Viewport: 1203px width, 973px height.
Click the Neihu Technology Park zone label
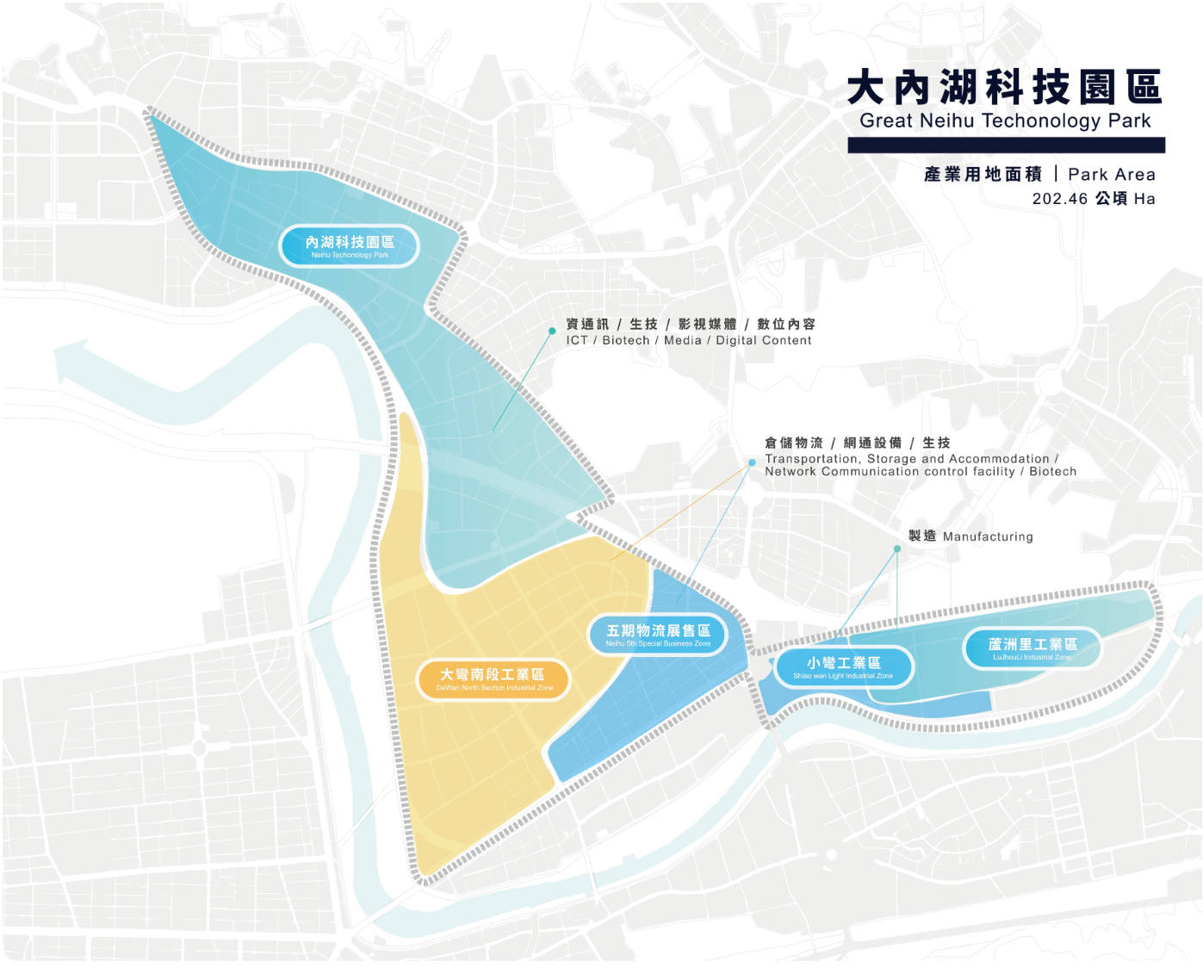pyautogui.click(x=349, y=246)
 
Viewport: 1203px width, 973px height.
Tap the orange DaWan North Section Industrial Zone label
pyautogui.click(x=493, y=679)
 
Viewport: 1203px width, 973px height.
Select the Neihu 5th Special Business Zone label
pyautogui.click(x=658, y=635)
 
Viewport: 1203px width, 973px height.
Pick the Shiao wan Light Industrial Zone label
pyautogui.click(x=843, y=666)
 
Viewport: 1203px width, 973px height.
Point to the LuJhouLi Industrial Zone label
pyautogui.click(x=1032, y=648)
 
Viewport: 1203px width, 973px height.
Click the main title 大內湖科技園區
pyautogui.click(x=1004, y=88)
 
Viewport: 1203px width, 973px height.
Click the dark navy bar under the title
pyautogui.click(x=1006, y=146)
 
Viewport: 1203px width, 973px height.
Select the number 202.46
pyautogui.click(x=1060, y=199)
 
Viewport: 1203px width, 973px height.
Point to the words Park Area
pyautogui.click(x=1111, y=175)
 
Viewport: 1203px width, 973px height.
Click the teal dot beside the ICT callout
pyautogui.click(x=552, y=331)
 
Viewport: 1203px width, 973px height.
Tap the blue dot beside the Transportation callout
pyautogui.click(x=752, y=463)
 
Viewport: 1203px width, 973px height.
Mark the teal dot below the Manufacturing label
pyautogui.click(x=896, y=548)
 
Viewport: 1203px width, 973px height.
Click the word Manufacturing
pyautogui.click(x=988, y=536)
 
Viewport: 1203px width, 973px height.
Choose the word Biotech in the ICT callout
pyautogui.click(x=626, y=341)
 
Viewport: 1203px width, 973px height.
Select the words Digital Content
pyautogui.click(x=763, y=341)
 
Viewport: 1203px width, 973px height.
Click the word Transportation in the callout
pyautogui.click(x=811, y=459)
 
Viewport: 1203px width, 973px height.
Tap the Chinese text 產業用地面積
pyautogui.click(x=983, y=175)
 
